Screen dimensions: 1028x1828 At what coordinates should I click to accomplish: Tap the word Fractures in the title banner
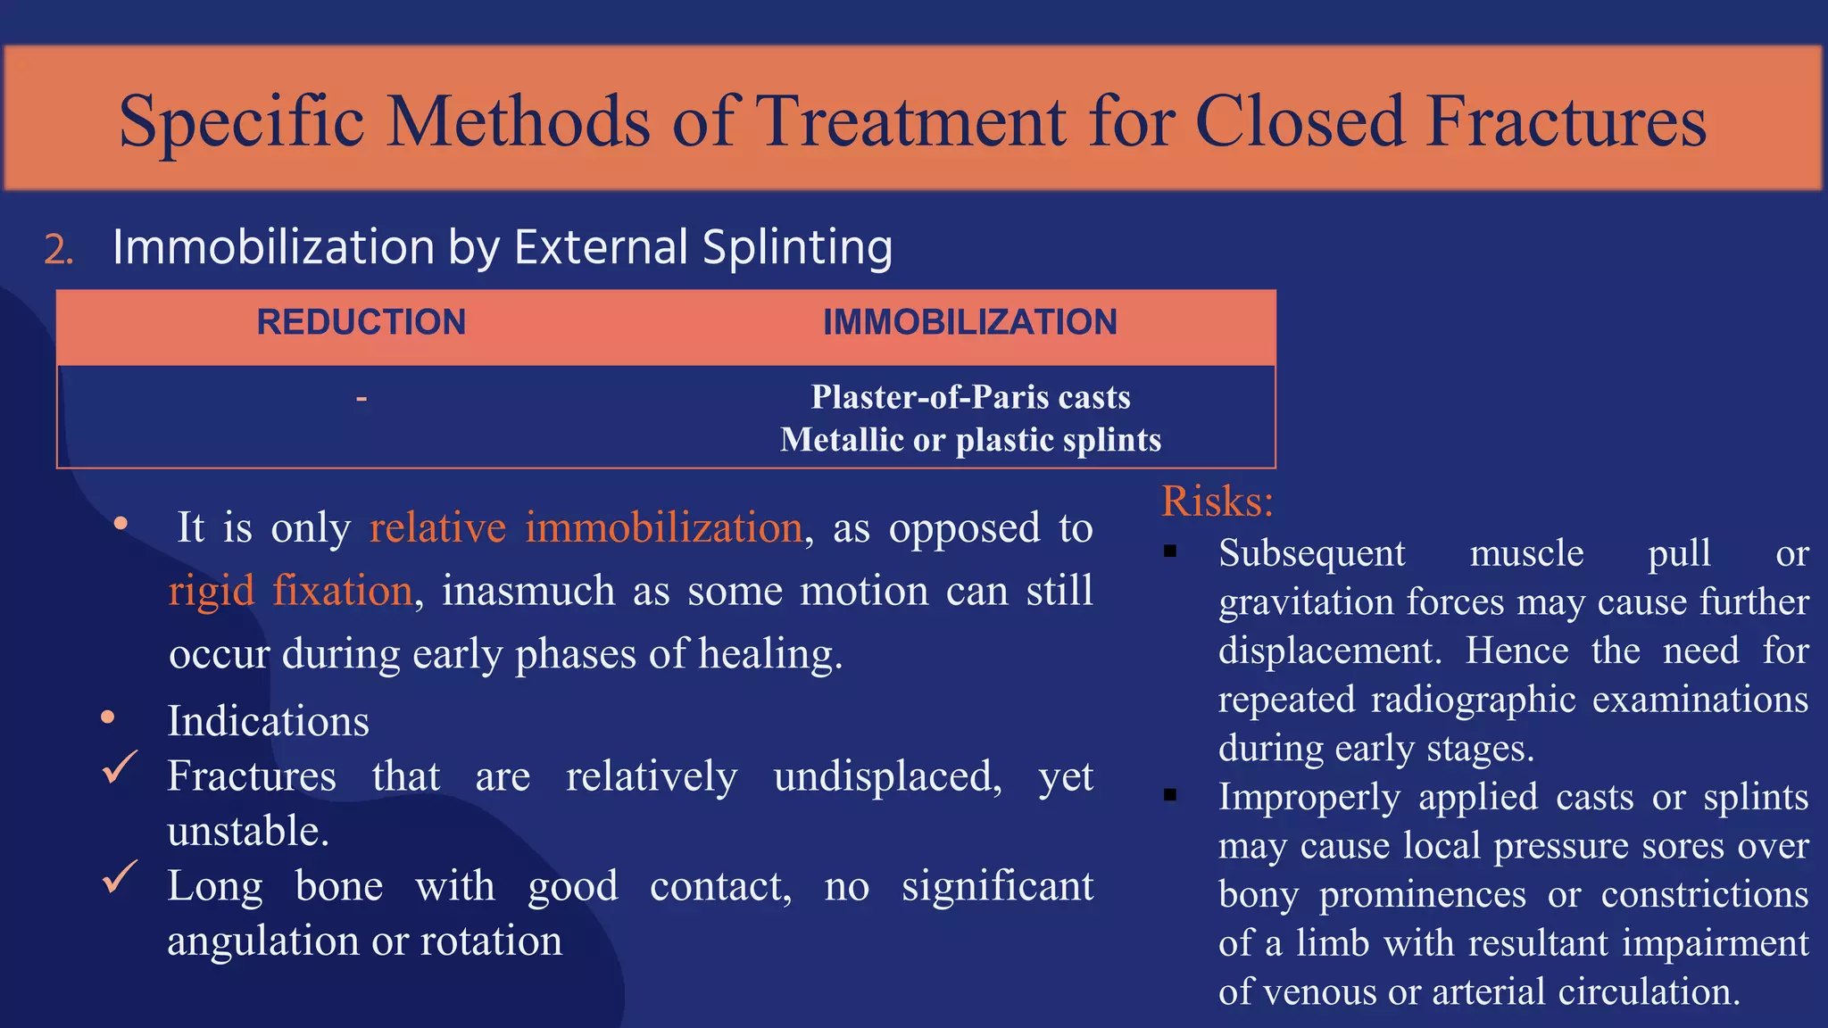click(x=1566, y=121)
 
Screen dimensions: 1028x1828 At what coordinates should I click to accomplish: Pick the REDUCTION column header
click(x=361, y=322)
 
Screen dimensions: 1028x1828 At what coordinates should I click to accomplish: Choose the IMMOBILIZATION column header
click(x=969, y=322)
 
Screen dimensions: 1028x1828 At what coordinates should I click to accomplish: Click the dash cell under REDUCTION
click(x=361, y=398)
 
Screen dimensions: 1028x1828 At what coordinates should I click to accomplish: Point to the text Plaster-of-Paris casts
click(x=970, y=397)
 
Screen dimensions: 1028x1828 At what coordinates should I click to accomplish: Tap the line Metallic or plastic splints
click(x=970, y=440)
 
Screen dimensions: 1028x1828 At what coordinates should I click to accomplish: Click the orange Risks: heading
click(x=1217, y=501)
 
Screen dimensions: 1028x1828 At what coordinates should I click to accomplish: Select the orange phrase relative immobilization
click(x=586, y=527)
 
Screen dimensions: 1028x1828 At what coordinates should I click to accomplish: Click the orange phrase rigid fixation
click(x=291, y=591)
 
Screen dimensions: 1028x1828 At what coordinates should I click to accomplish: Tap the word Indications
click(x=268, y=721)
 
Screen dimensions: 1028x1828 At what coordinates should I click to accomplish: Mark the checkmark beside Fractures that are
click(x=120, y=767)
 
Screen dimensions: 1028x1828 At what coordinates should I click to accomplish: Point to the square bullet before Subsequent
click(x=1170, y=552)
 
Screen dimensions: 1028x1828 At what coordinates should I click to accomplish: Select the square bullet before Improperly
click(x=1170, y=795)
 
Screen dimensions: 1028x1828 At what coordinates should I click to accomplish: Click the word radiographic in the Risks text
click(x=1473, y=700)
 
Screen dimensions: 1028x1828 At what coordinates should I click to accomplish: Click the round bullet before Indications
click(x=108, y=717)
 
